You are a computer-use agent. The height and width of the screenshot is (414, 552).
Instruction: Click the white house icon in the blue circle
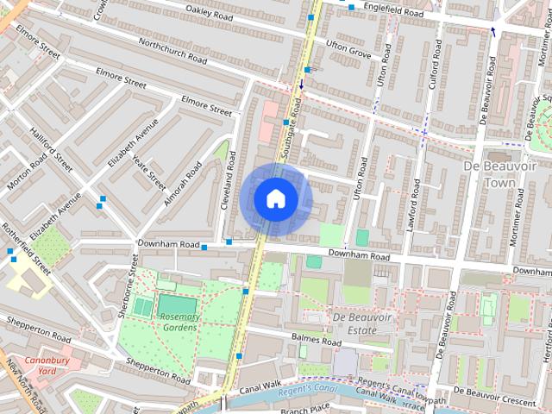click(x=275, y=199)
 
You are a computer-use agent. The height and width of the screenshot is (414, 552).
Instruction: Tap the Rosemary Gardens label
click(x=179, y=322)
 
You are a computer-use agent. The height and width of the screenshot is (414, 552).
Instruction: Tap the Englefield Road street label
click(x=393, y=13)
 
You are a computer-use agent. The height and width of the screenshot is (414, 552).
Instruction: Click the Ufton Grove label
click(x=348, y=47)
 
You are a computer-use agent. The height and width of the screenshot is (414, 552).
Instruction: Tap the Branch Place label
click(x=307, y=408)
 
